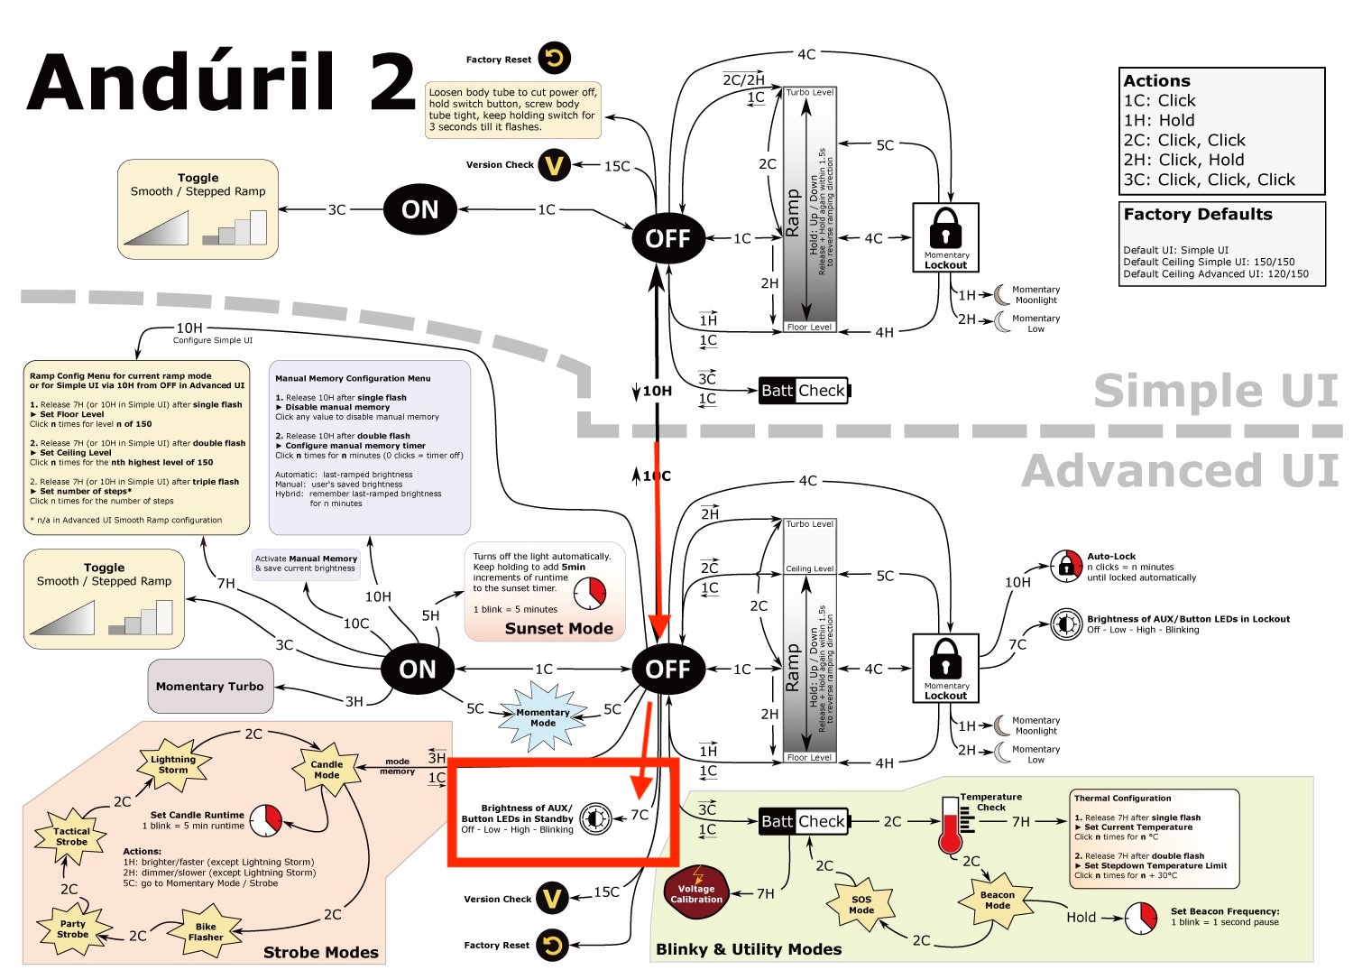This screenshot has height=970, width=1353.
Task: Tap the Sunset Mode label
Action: point(558,629)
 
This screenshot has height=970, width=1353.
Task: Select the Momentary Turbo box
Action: point(209,686)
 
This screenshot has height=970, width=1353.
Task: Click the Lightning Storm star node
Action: point(173,764)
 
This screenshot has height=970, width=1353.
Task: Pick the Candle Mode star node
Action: point(327,769)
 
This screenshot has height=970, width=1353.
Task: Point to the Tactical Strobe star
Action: point(71,836)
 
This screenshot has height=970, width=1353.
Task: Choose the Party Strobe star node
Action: point(73,928)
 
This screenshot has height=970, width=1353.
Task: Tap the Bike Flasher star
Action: point(206,931)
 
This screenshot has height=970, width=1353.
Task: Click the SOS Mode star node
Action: point(861,904)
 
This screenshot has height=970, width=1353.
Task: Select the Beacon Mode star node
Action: point(997,900)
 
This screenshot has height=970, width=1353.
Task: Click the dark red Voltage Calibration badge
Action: point(696,892)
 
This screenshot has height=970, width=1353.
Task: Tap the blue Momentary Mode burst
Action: point(543,717)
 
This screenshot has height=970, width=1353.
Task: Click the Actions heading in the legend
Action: point(1156,81)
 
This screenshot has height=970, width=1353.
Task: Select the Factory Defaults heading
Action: point(1197,215)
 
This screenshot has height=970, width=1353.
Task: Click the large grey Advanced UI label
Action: point(1180,471)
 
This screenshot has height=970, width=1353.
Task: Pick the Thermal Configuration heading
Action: point(1122,799)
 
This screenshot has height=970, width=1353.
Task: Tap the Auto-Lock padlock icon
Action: point(1066,567)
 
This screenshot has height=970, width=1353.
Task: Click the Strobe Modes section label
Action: point(320,953)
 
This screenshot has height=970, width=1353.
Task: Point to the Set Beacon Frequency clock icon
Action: point(1142,918)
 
